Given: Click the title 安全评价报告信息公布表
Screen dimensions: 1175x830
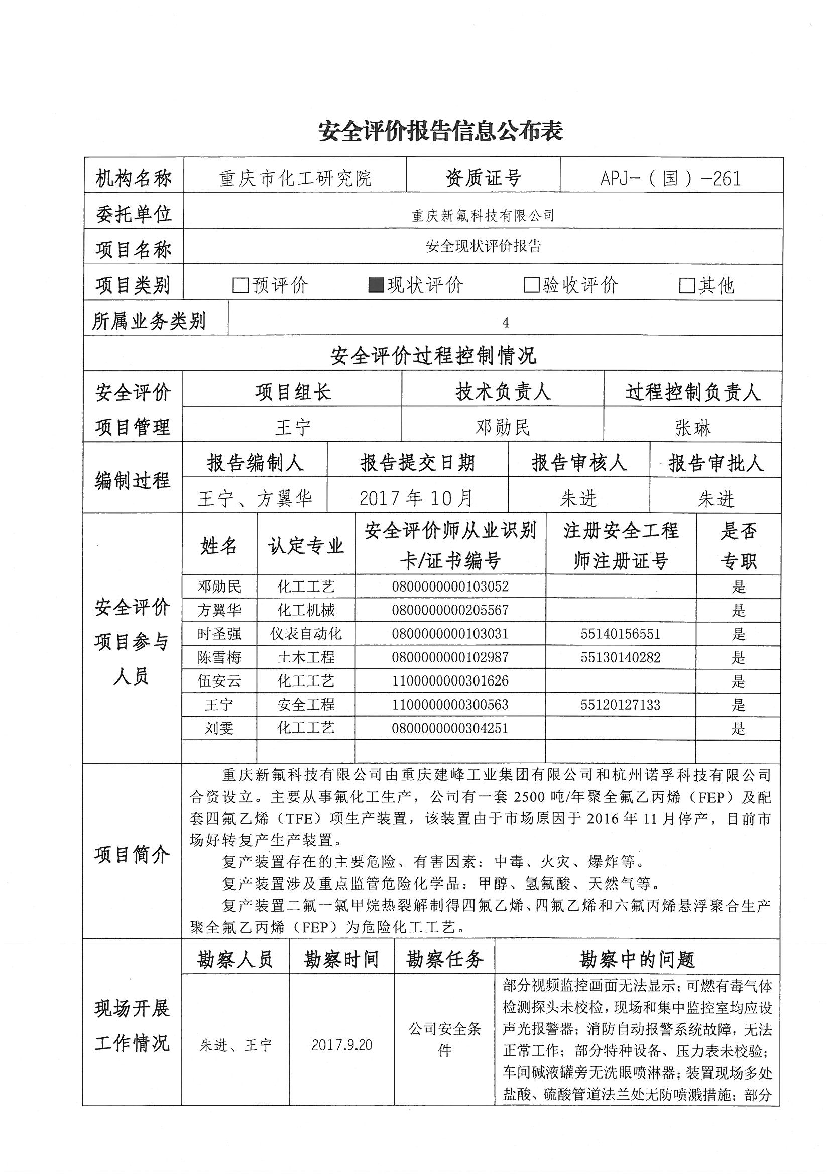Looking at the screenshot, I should pyautogui.click(x=440, y=131).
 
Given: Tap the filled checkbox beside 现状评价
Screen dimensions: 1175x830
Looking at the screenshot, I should pyautogui.click(x=376, y=285).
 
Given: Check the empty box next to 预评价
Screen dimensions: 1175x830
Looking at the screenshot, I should pyautogui.click(x=240, y=285).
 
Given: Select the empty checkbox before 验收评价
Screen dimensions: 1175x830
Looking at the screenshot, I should pyautogui.click(x=531, y=285).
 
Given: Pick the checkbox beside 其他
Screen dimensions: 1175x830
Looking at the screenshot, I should pyautogui.click(x=686, y=285).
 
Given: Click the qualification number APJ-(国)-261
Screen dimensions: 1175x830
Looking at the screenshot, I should pyautogui.click(x=670, y=178).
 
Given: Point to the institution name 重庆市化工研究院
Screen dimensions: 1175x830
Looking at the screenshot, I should pyautogui.click(x=295, y=178).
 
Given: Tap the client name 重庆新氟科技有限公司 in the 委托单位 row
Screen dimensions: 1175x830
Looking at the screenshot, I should pyautogui.click(x=483, y=216).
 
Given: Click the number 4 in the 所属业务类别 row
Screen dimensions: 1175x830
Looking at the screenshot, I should pyautogui.click(x=505, y=323).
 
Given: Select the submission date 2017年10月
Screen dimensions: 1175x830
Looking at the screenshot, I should pyautogui.click(x=416, y=498).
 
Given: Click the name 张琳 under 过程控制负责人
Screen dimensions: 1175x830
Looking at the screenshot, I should pyautogui.click(x=692, y=427).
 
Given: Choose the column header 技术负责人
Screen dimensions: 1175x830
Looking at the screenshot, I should pyautogui.click(x=503, y=392).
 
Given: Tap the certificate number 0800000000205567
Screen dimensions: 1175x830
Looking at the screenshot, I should pyautogui.click(x=450, y=610).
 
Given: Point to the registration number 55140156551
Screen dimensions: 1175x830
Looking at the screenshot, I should pyautogui.click(x=620, y=634).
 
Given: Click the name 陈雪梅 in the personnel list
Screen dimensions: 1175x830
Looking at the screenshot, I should pyautogui.click(x=219, y=658).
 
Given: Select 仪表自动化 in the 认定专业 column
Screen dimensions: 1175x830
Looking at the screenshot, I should pyautogui.click(x=306, y=634).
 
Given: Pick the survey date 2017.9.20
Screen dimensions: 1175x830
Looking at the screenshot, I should pyautogui.click(x=341, y=1045).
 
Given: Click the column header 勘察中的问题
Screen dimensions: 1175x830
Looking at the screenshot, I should pyautogui.click(x=637, y=959).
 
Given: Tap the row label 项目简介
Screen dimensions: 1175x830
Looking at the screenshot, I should pyautogui.click(x=133, y=855).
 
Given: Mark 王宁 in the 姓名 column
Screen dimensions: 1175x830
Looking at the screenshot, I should pyautogui.click(x=219, y=705).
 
